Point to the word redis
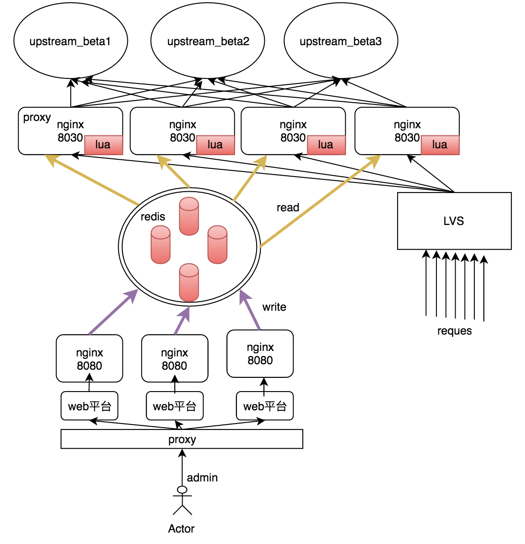[x=152, y=217]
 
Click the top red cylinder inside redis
[x=189, y=216]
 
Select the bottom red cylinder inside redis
[x=189, y=282]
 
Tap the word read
[x=288, y=208]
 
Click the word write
[x=274, y=307]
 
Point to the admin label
[x=202, y=478]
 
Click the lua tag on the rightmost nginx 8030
[x=440, y=145]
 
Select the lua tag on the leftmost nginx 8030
[x=104, y=145]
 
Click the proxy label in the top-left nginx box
[x=37, y=118]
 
